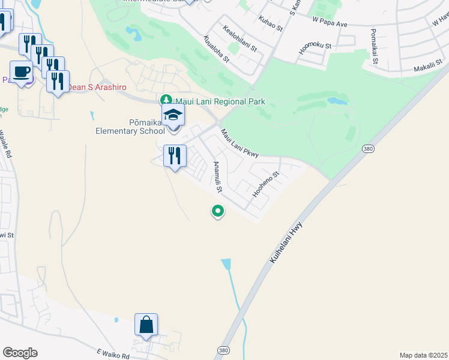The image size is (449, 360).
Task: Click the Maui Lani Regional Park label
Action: tap(219, 102)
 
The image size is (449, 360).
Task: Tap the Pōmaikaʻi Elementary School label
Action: tap(130, 127)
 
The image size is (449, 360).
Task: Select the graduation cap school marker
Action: tap(173, 115)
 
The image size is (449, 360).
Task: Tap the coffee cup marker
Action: tap(22, 72)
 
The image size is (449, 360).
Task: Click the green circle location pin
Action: tap(217, 211)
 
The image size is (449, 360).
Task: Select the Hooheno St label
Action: tap(266, 185)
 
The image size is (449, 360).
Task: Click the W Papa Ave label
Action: tap(330, 23)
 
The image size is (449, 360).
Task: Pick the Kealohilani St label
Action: tap(240, 37)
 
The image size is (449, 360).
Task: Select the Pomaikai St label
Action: tap(375, 46)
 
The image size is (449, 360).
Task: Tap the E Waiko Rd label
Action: tap(112, 355)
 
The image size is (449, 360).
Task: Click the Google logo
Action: tap(20, 353)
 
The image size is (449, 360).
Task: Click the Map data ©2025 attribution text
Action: tap(424, 355)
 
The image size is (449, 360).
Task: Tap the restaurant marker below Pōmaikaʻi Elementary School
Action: tap(174, 156)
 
